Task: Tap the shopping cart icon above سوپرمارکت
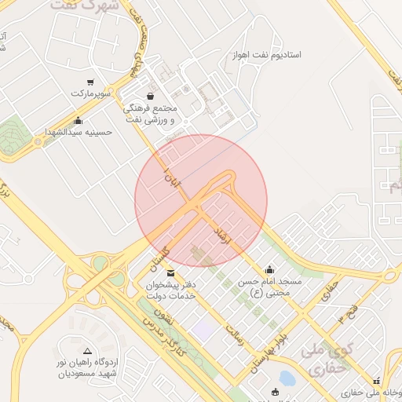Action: coord(91,82)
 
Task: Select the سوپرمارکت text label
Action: coord(87,93)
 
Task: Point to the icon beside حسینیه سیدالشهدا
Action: coord(77,121)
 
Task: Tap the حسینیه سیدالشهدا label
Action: coord(79,132)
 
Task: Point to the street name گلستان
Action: coord(159,257)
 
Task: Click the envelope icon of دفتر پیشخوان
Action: coord(171,273)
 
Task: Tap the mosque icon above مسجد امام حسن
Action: coord(270,269)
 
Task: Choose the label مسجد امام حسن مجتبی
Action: coord(270,287)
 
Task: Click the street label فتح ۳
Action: coord(346,309)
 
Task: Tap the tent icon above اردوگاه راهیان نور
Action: coord(87,350)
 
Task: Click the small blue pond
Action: coord(287,378)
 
